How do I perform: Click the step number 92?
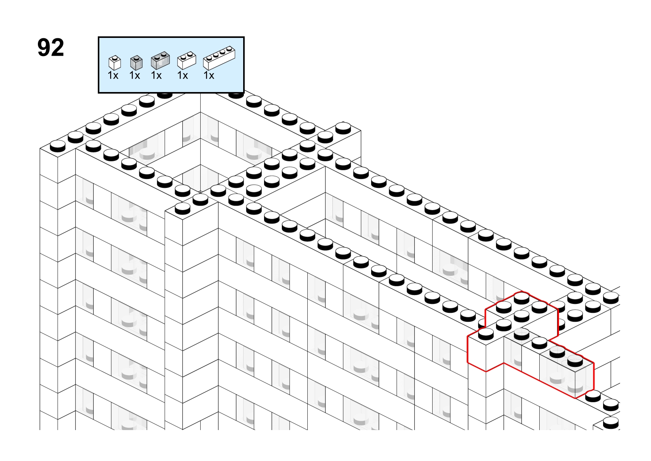(51, 48)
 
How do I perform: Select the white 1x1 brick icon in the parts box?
(114, 63)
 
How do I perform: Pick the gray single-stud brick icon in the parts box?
(136, 63)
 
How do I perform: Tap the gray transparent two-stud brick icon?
(160, 60)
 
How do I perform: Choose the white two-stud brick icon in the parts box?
(187, 60)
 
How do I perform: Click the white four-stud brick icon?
(219, 58)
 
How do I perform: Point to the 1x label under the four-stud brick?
(209, 75)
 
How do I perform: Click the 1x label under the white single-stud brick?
(113, 75)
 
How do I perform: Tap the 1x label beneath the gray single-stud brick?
(135, 75)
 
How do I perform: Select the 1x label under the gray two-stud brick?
(156, 75)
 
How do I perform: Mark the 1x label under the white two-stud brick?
(182, 75)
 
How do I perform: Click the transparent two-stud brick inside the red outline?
(567, 372)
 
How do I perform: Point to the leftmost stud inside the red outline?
(486, 334)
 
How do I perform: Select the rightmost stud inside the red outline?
(575, 361)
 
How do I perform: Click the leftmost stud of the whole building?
(58, 146)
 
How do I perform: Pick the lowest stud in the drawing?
(611, 423)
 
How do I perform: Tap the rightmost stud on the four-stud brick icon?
(230, 49)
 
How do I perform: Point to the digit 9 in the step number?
(44, 48)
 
